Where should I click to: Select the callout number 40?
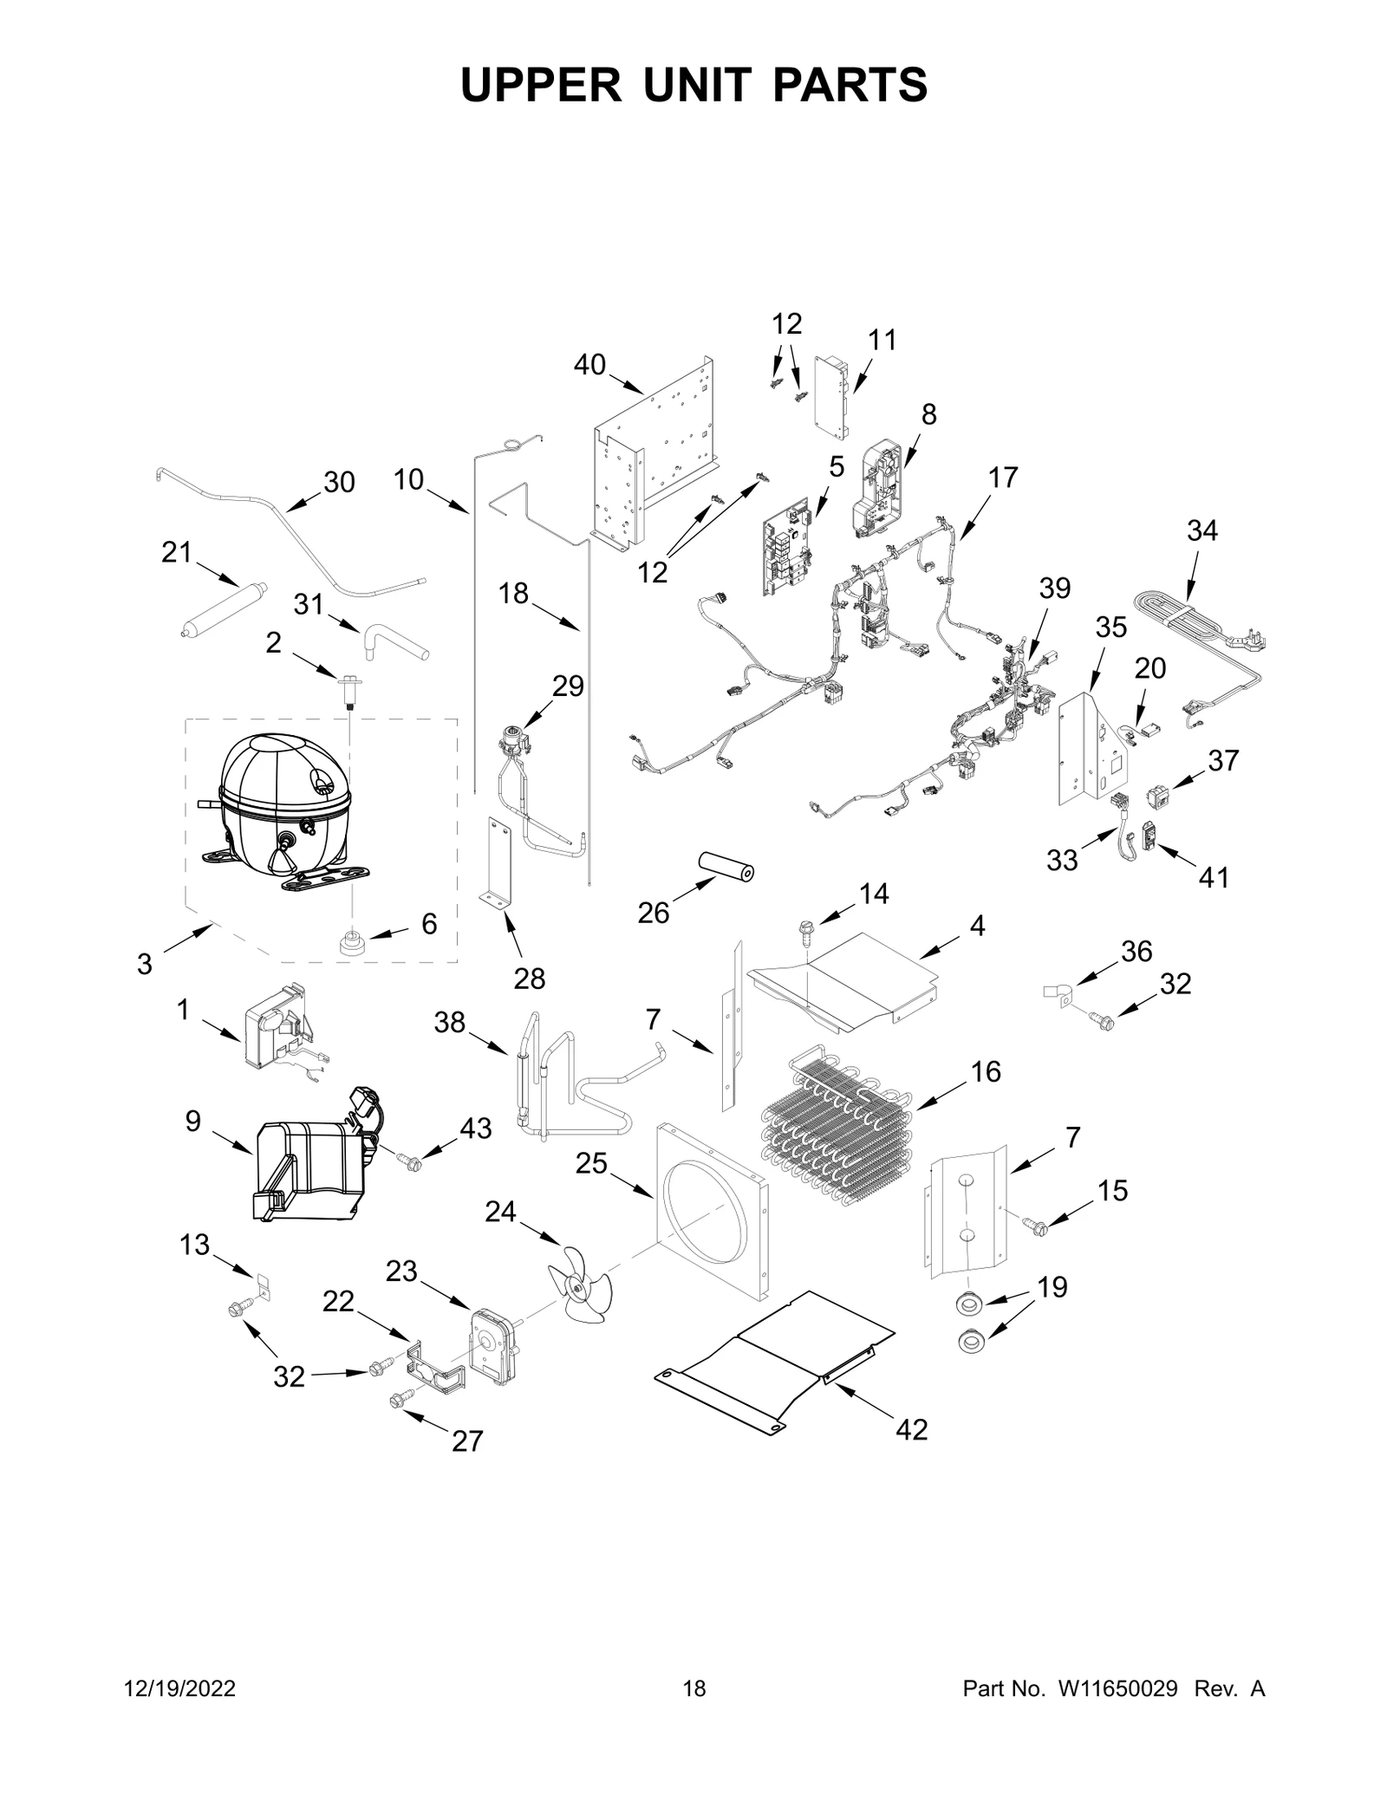pyautogui.click(x=589, y=365)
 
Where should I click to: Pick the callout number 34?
pyautogui.click(x=1201, y=530)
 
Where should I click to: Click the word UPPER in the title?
pyautogui.click(x=541, y=85)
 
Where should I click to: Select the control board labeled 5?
pyautogui.click(x=790, y=548)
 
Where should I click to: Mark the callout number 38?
pyautogui.click(x=450, y=1023)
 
